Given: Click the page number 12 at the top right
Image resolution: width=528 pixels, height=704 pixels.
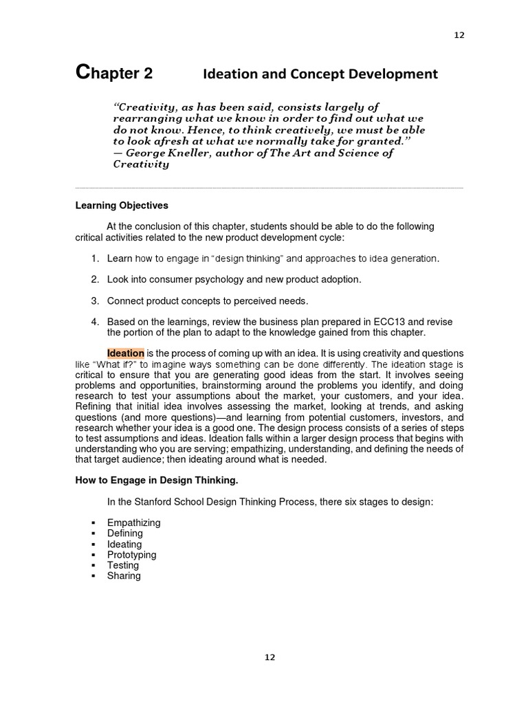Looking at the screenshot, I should [459, 36].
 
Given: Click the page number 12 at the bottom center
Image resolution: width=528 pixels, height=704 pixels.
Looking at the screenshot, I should [269, 657].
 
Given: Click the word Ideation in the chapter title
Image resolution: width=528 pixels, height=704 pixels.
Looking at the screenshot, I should [230, 74].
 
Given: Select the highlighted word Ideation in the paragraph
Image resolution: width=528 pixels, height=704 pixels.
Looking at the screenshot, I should [125, 353].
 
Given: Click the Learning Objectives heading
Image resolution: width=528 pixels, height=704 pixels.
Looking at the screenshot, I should [122, 206].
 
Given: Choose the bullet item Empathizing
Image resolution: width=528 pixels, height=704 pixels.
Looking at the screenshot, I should [133, 522].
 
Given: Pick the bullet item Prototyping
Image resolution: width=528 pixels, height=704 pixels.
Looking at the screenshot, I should [131, 555].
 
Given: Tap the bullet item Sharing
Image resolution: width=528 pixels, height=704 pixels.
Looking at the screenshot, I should [124, 576].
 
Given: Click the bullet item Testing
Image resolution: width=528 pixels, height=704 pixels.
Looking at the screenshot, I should [123, 565].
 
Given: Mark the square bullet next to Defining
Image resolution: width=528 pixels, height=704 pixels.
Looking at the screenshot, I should [93, 533].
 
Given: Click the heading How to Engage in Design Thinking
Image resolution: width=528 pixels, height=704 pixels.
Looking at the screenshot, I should [157, 481].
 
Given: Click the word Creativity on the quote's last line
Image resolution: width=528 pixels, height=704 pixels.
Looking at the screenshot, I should [141, 165].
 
